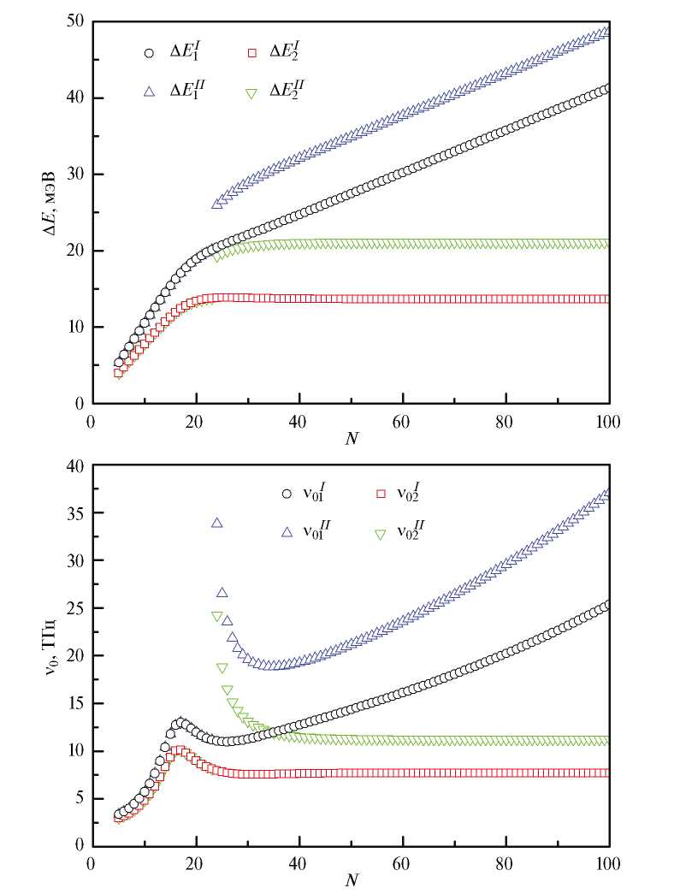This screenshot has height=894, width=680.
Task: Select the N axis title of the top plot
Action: (x=350, y=438)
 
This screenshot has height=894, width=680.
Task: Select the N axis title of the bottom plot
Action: (x=350, y=880)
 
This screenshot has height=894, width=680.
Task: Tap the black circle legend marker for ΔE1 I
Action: (x=149, y=53)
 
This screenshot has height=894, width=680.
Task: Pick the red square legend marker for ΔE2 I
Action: (x=251, y=53)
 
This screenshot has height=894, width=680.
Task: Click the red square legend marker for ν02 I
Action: (x=382, y=494)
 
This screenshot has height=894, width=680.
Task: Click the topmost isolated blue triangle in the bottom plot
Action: (x=217, y=523)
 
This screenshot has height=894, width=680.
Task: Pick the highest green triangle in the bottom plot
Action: (x=217, y=617)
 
